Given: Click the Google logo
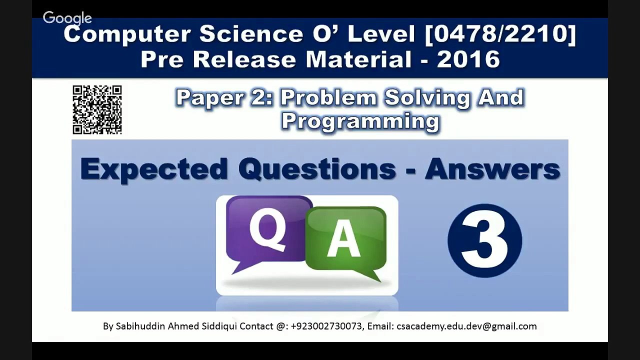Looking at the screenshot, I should click(67, 18).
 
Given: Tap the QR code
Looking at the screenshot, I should click(97, 110).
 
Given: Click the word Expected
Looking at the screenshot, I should click(154, 169).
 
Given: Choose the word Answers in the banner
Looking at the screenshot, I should click(492, 169).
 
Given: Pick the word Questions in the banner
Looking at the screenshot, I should click(317, 169).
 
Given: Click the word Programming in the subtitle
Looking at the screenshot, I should click(360, 121).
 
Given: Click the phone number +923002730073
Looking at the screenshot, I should click(326, 326).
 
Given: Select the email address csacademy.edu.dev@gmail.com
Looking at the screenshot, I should click(466, 326).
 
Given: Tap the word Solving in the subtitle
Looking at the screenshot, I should click(427, 97).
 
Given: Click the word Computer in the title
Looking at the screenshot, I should click(127, 34).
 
